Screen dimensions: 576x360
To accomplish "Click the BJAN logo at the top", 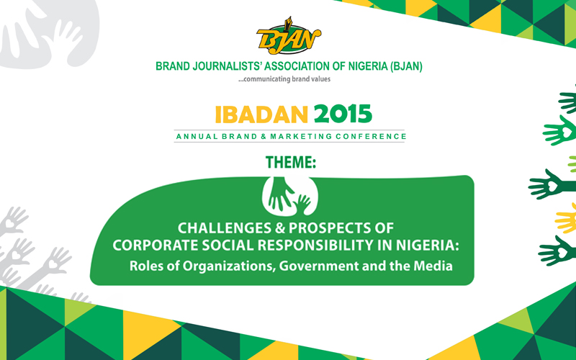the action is (289, 35).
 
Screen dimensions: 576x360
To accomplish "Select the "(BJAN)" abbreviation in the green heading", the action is (406, 66).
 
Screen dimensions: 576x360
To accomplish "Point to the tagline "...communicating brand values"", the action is (284, 79).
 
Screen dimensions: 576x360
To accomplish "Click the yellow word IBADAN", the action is (261, 114).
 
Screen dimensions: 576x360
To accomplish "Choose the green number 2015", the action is (343, 114).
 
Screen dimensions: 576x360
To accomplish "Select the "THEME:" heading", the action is (291, 163).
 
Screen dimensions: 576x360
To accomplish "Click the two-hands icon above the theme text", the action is (290, 194).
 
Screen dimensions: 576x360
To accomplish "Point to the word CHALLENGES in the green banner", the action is (225, 228).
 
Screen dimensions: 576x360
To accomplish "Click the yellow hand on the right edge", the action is (566, 218).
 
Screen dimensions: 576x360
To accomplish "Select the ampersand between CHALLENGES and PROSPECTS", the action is (280, 228).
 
